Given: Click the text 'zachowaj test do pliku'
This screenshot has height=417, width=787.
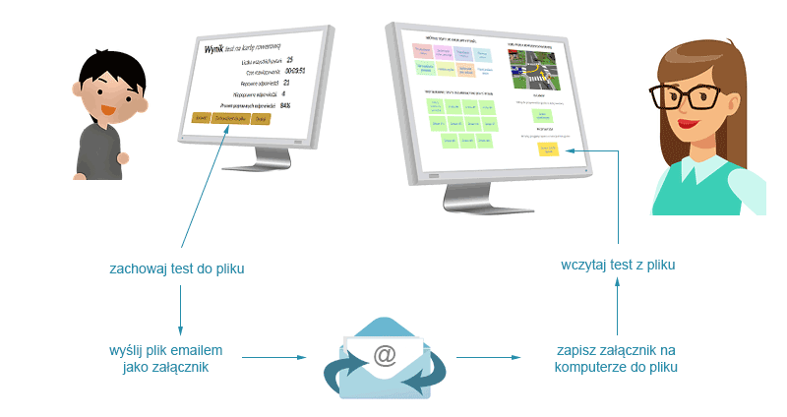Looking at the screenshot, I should pyautogui.click(x=177, y=268).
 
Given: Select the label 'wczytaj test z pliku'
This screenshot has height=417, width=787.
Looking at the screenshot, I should pyautogui.click(x=618, y=265).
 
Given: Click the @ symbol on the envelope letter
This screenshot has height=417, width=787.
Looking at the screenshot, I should pyautogui.click(x=385, y=355).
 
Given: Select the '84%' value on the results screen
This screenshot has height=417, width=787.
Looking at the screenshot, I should pyautogui.click(x=286, y=104).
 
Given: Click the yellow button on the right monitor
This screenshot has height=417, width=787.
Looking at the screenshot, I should pyautogui.click(x=547, y=149).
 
